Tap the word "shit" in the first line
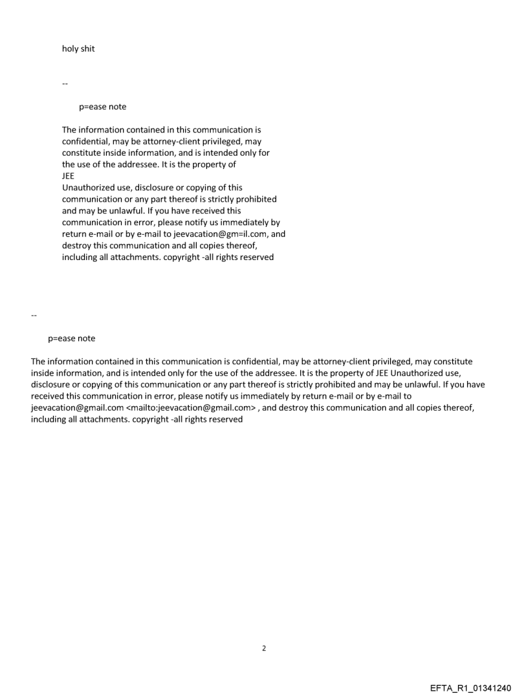tap(87, 49)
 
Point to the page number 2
tap(263, 648)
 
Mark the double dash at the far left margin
tap(34, 315)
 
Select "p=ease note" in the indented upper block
tap(102, 107)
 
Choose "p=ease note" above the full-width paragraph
tap(71, 338)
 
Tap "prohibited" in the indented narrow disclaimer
tap(254, 199)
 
